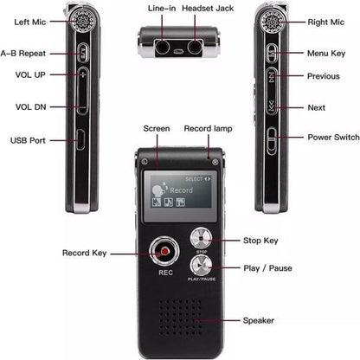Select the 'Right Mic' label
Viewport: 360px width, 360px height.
[325, 22]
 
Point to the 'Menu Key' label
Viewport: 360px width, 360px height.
[325, 53]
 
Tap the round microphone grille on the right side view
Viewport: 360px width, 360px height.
[270, 20]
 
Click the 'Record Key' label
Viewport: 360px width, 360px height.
[85, 253]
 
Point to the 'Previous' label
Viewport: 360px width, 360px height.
[323, 76]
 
